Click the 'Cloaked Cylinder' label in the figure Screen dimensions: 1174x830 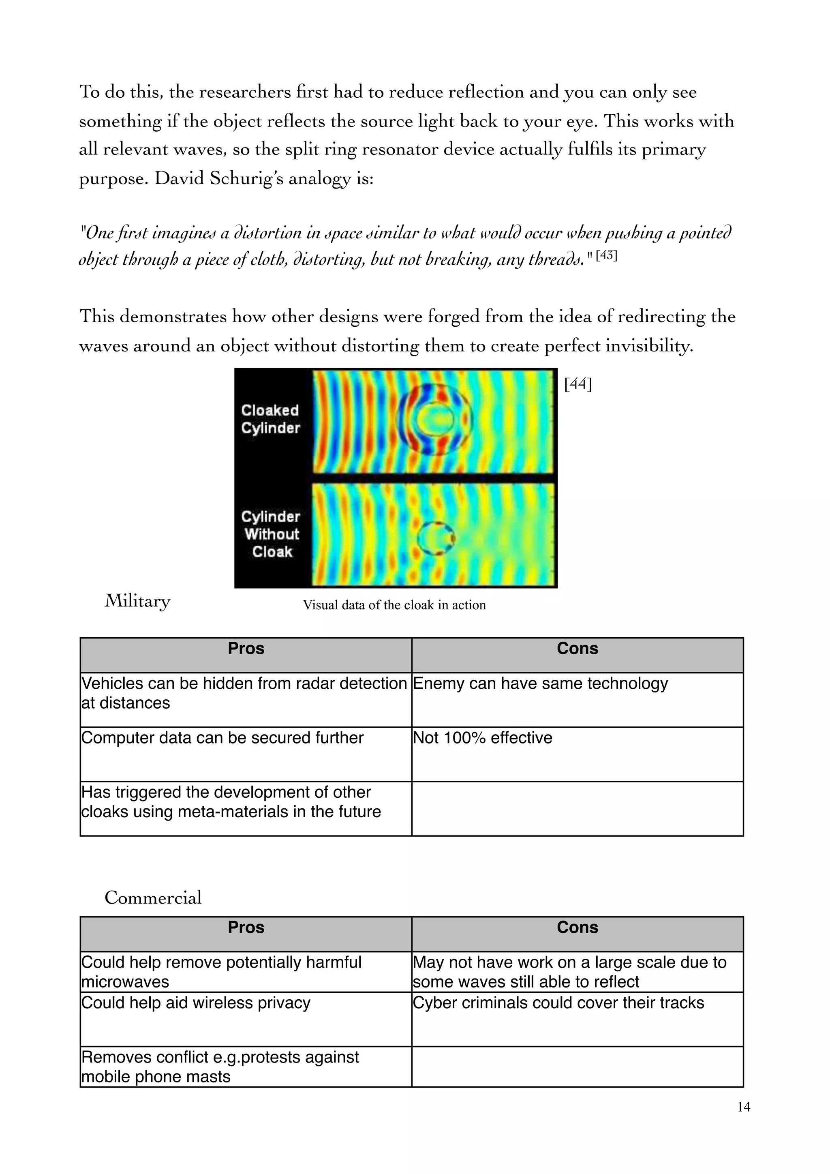pyautogui.click(x=270, y=419)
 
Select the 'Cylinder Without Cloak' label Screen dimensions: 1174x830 pyautogui.click(x=272, y=534)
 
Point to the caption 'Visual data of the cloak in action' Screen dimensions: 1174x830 pyautogui.click(x=394, y=605)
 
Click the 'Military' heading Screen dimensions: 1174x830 pyautogui.click(x=137, y=601)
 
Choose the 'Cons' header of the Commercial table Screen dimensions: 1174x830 pyautogui.click(x=577, y=927)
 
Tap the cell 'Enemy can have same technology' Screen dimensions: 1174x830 pyautogui.click(x=540, y=683)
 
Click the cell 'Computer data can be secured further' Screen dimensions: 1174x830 pyautogui.click(x=222, y=738)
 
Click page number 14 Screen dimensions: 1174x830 pyautogui.click(x=744, y=1107)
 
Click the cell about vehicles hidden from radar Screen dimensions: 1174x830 pyautogui.click(x=244, y=693)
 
